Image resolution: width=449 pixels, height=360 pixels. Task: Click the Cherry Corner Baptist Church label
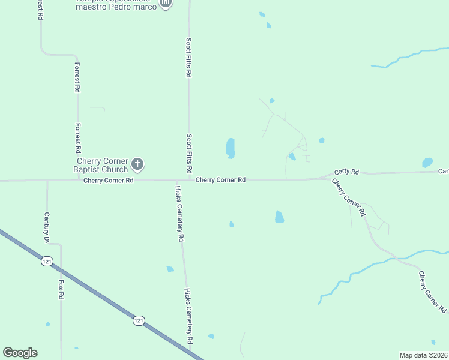pyautogui.click(x=102, y=166)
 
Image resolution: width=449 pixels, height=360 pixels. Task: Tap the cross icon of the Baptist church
pyautogui.click(x=137, y=164)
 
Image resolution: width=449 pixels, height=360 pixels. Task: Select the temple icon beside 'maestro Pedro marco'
pyautogui.click(x=166, y=4)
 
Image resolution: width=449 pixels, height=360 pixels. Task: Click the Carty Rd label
pyautogui.click(x=346, y=172)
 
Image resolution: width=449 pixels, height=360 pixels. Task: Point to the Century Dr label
pyautogui.click(x=46, y=227)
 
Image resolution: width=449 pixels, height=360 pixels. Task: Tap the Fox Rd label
pyautogui.click(x=61, y=289)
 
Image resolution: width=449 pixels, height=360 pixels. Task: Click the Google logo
pyautogui.click(x=20, y=353)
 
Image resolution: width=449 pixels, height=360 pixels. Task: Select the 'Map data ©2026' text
pyautogui.click(x=423, y=355)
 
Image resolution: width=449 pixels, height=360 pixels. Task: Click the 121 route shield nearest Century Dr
pyautogui.click(x=47, y=261)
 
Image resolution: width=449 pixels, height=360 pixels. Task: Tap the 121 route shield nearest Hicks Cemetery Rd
pyautogui.click(x=139, y=321)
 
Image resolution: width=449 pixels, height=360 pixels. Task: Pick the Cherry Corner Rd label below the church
pyautogui.click(x=108, y=180)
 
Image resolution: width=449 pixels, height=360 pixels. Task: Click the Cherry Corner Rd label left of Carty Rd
pyautogui.click(x=221, y=179)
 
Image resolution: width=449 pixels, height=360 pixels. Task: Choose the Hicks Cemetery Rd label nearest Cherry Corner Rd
pyautogui.click(x=179, y=213)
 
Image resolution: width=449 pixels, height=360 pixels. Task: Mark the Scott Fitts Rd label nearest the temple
pyautogui.click(x=188, y=58)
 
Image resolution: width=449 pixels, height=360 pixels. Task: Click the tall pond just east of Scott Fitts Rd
pyautogui.click(x=231, y=148)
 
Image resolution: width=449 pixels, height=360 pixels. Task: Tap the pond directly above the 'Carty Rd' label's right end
pyautogui.click(x=427, y=162)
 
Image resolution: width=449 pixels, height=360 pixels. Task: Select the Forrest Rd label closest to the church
pyautogui.click(x=77, y=138)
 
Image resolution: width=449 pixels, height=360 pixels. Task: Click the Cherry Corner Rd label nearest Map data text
pyautogui.click(x=432, y=292)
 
